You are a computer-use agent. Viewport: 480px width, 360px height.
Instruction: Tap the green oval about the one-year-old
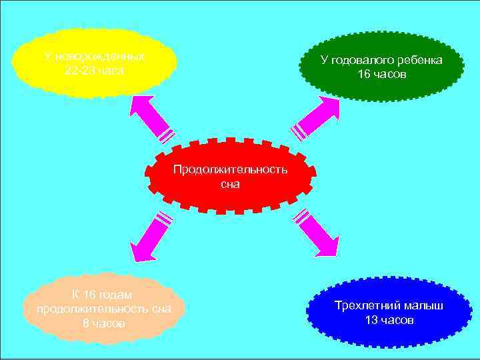pos(381,67)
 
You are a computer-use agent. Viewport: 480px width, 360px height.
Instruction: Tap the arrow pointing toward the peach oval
pos(150,237)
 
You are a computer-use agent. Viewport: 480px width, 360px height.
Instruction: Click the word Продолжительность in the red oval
pos(230,169)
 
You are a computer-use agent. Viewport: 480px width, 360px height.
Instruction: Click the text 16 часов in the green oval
pos(381,74)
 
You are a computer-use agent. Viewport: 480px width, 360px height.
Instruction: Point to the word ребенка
pos(419,60)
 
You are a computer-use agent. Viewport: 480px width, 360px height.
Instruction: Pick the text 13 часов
pos(390,320)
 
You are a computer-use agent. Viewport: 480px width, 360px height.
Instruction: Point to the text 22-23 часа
pos(95,71)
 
